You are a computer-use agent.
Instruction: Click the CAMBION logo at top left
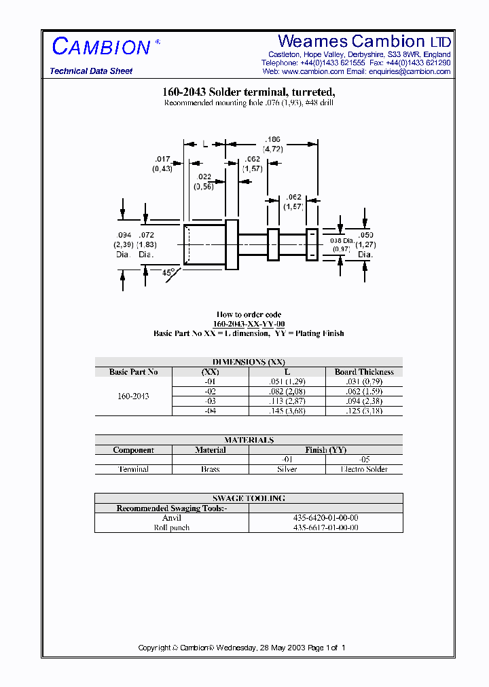tap(101, 46)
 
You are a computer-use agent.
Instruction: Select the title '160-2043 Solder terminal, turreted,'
tap(249, 92)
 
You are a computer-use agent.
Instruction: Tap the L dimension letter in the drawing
tap(204, 144)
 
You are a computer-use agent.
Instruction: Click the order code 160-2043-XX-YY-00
tap(249, 324)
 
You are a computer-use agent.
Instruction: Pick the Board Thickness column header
tap(364, 372)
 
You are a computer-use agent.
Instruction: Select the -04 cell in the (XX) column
tap(210, 411)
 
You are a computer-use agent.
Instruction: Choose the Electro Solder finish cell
tap(364, 469)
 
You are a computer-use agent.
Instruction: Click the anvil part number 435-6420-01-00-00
tap(325, 517)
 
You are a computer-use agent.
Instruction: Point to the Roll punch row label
tap(171, 527)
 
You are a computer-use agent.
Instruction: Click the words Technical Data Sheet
tap(91, 71)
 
